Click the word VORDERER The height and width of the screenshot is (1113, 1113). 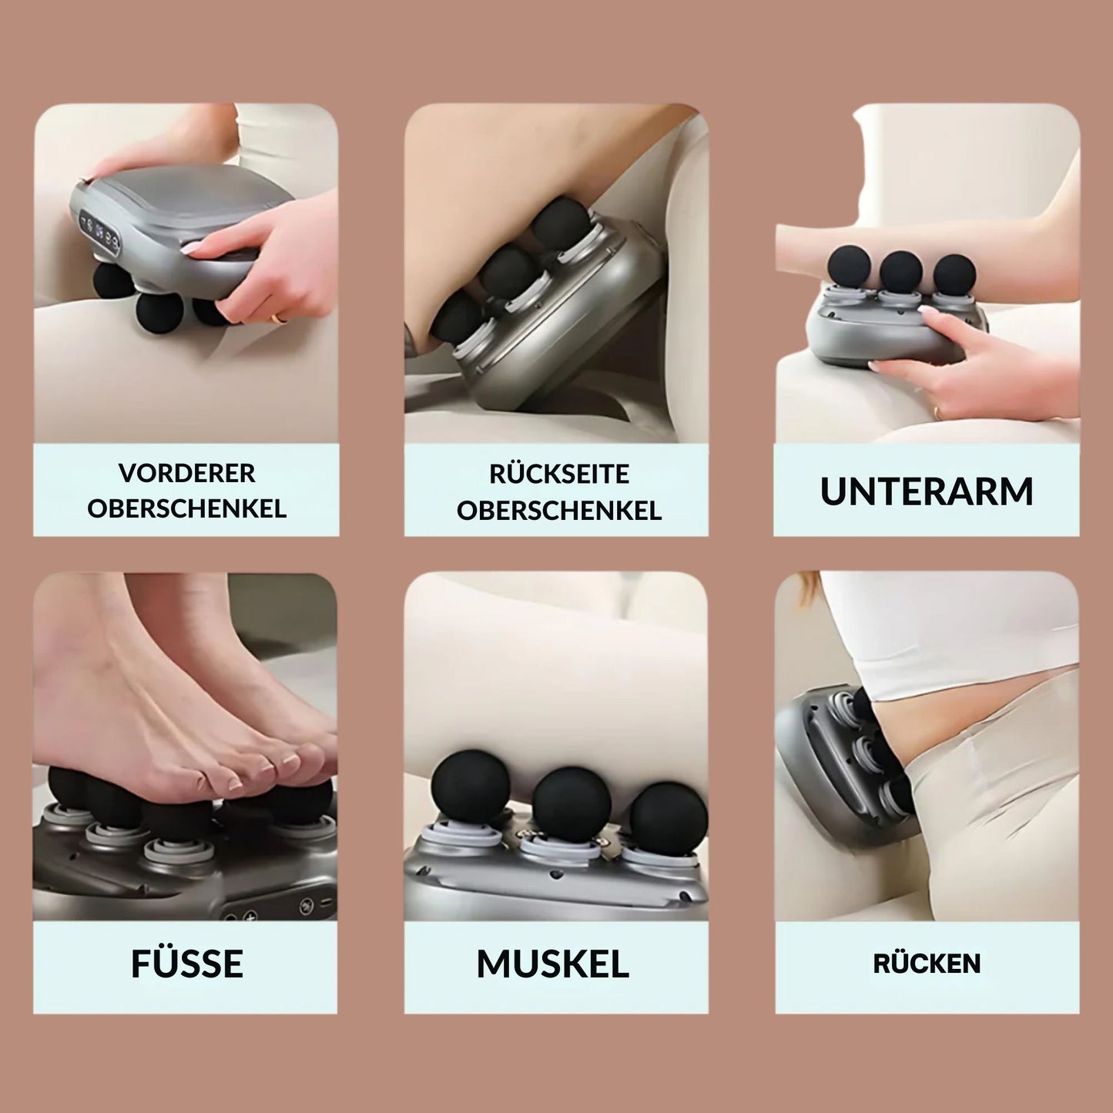(x=186, y=473)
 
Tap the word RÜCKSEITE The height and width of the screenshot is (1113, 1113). (x=558, y=474)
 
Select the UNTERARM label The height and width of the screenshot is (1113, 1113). (x=927, y=491)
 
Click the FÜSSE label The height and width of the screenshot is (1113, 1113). (x=186, y=964)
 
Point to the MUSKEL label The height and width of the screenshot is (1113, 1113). (x=553, y=964)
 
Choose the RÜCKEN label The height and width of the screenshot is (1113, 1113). (x=927, y=964)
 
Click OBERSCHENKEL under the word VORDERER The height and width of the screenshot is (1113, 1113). (x=186, y=509)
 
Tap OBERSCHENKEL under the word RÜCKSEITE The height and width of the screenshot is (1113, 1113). (x=558, y=511)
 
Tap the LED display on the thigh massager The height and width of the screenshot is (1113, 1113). (x=100, y=233)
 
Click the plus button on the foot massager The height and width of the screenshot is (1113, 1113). (x=250, y=917)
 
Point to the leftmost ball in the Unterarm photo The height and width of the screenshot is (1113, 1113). (x=849, y=267)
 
